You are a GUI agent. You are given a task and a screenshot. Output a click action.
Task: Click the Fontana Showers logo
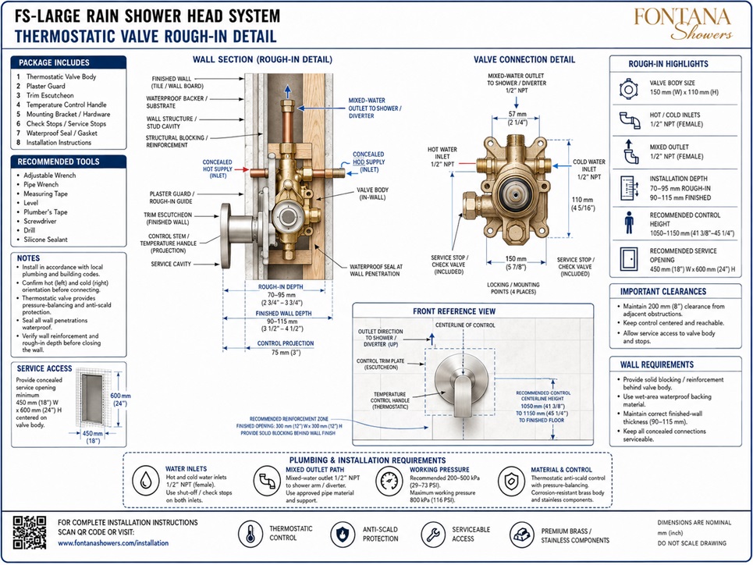click(683, 24)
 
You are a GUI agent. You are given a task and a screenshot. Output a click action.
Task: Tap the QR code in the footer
click(30, 532)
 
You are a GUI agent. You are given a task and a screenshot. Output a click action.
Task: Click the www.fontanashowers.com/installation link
click(113, 543)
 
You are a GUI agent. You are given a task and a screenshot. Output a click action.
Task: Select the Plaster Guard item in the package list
click(45, 86)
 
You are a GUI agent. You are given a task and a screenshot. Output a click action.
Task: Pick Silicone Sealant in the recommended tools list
click(45, 240)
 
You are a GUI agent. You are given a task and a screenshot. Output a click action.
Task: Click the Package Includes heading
click(54, 62)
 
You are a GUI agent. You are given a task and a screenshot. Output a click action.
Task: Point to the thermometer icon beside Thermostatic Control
click(250, 534)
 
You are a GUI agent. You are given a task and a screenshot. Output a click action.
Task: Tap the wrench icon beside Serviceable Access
click(433, 534)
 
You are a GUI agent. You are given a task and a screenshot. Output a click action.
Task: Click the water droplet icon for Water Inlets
click(146, 480)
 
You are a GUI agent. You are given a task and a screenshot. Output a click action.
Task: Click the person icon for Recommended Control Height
click(629, 223)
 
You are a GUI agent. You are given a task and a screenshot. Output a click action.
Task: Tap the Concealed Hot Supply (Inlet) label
click(218, 169)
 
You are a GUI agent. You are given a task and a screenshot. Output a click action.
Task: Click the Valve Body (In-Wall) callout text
click(373, 194)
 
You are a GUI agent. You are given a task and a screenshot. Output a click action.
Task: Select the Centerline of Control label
click(465, 325)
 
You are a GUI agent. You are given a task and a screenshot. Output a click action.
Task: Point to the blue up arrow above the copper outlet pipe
click(287, 92)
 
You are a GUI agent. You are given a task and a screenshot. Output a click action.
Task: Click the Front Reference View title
click(454, 311)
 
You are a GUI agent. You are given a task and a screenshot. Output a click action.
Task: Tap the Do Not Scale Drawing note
click(691, 543)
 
